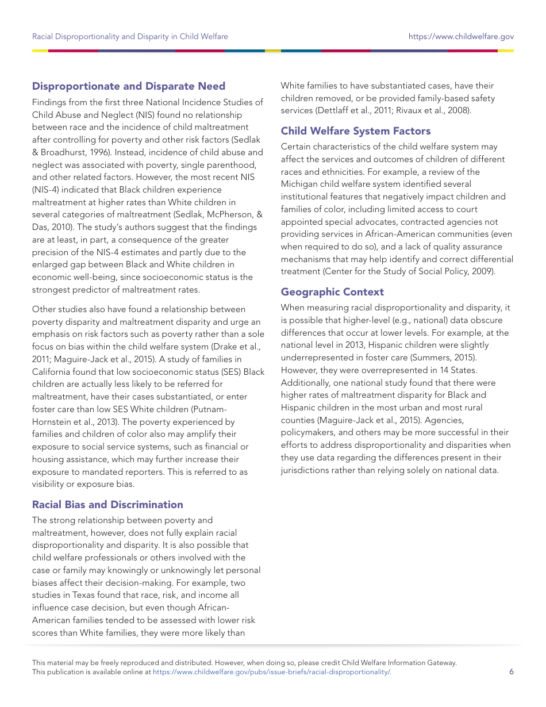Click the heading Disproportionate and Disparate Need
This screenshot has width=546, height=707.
(129, 86)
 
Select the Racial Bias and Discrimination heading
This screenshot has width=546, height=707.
(107, 505)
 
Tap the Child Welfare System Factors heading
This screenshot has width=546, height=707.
(355, 131)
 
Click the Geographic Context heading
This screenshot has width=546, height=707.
(332, 292)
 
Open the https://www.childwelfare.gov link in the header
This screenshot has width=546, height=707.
(461, 36)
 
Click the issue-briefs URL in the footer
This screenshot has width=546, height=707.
(271, 671)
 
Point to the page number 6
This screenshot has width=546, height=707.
(511, 671)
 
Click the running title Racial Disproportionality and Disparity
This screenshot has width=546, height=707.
(130, 36)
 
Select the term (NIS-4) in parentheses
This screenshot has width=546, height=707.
(48, 190)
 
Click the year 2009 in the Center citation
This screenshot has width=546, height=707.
(483, 271)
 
